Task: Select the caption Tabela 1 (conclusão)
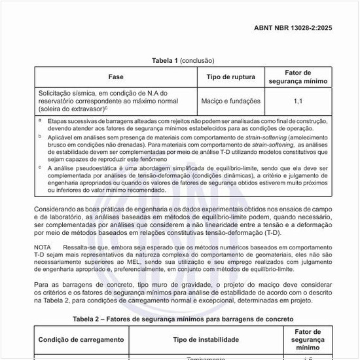coord(183,61)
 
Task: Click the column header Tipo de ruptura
coord(231,77)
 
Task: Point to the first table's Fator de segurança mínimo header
coord(298,77)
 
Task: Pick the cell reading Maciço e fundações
coord(231,101)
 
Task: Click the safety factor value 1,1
coord(298,101)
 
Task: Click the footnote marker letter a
coord(39,120)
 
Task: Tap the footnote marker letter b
coord(39,139)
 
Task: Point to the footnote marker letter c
coord(39,166)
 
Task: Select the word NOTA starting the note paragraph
coord(43,247)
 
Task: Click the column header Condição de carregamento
coord(81,340)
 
